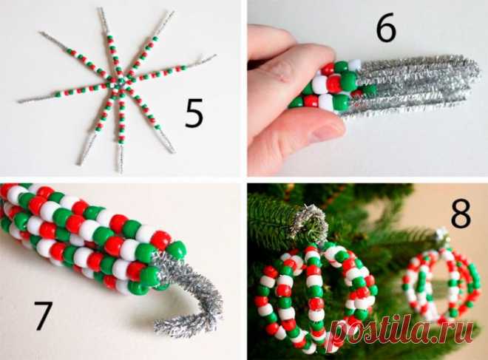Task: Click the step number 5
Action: click(194, 114)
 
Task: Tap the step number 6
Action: click(386, 27)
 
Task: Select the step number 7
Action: click(41, 316)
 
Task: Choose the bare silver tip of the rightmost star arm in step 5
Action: click(206, 59)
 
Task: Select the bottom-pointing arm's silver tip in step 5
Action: click(120, 158)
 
